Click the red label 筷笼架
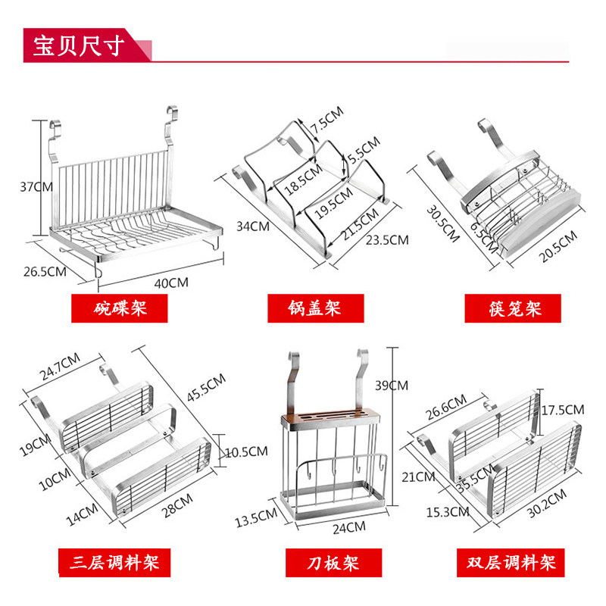click(x=514, y=309)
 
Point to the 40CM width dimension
click(x=171, y=283)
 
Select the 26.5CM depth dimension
click(x=42, y=271)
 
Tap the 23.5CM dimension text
click(x=387, y=239)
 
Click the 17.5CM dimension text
click(x=563, y=409)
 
